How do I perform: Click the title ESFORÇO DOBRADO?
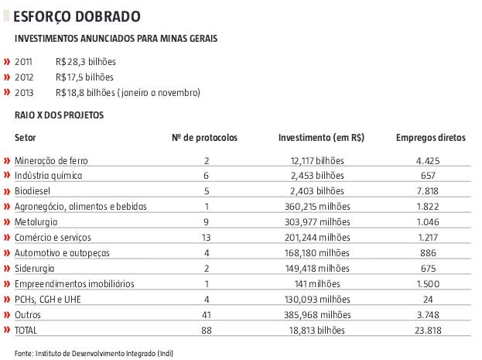click(x=78, y=15)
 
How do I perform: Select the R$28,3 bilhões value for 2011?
click(x=84, y=62)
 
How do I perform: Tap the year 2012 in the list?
click(x=24, y=77)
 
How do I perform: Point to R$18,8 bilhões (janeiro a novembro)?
click(x=128, y=93)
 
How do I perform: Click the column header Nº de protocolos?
click(x=204, y=138)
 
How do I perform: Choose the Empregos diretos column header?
click(x=430, y=138)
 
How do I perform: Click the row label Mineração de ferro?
click(x=51, y=160)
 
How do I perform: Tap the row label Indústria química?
click(x=48, y=176)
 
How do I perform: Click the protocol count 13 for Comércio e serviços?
click(x=206, y=236)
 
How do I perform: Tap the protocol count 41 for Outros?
click(x=206, y=314)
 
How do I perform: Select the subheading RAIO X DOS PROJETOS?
click(x=59, y=115)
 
